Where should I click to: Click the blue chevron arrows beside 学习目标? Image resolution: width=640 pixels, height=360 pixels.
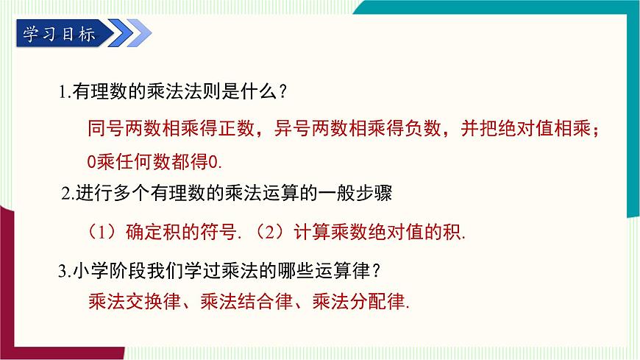[133, 33]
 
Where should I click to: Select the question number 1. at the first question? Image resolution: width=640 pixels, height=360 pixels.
[64, 93]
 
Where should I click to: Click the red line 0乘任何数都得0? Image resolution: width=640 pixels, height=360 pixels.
[154, 160]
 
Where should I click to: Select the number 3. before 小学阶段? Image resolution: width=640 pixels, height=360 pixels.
[63, 271]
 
